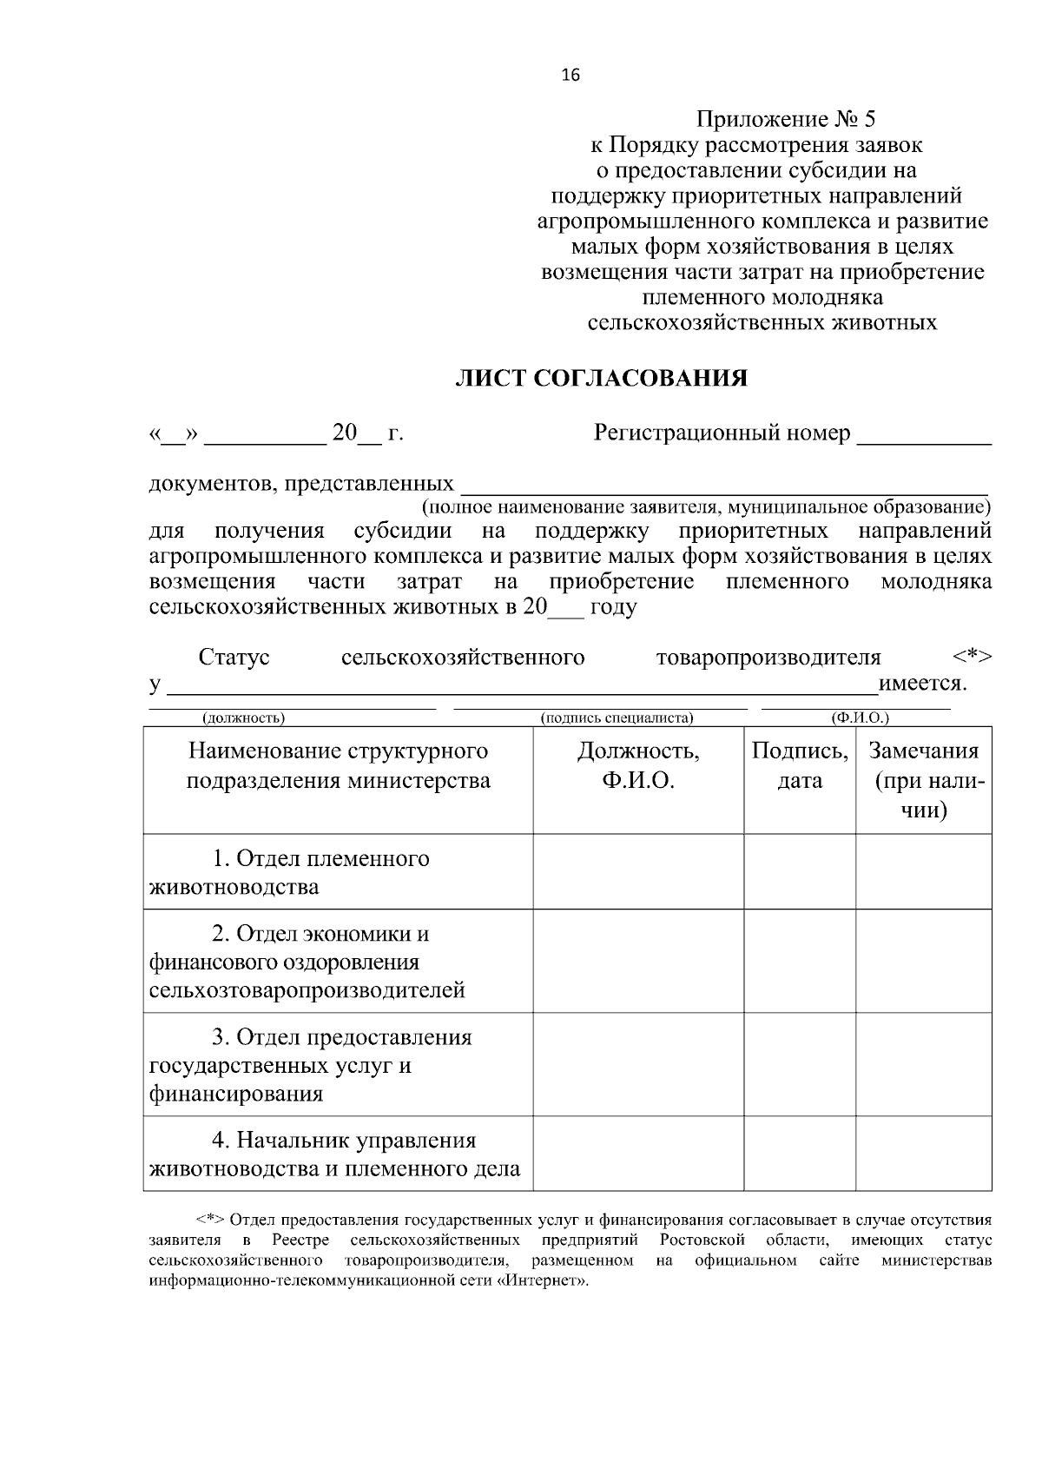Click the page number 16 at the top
(x=570, y=76)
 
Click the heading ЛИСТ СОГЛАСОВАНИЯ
(x=602, y=379)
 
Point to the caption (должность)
(x=243, y=718)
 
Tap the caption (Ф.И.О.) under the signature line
(x=859, y=718)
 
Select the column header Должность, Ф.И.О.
(x=638, y=765)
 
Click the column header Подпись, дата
(x=800, y=765)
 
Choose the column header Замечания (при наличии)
(x=924, y=780)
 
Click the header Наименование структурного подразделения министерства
(x=338, y=765)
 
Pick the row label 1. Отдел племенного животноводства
(x=289, y=872)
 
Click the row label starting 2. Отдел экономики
(x=307, y=962)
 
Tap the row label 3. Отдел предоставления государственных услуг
(x=310, y=1065)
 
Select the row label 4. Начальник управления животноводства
(x=334, y=1154)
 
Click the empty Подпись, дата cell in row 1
(x=800, y=872)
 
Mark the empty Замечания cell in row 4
(x=924, y=1154)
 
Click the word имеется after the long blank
(x=921, y=684)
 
